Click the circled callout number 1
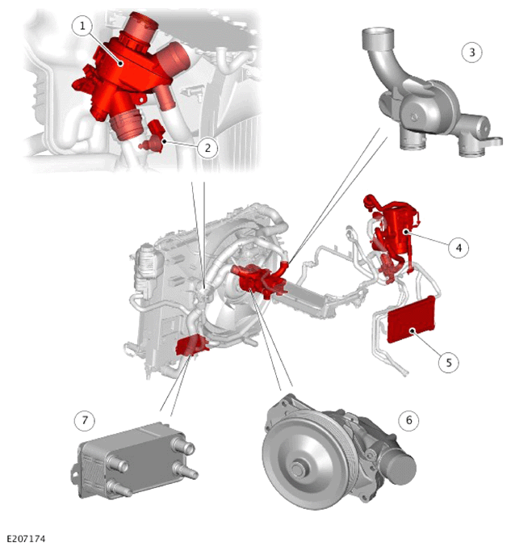82,26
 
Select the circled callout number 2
207,148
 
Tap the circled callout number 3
471,53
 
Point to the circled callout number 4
459,248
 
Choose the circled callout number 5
449,362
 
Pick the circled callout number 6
408,420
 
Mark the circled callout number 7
85,420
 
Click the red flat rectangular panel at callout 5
411,319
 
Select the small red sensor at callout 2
153,137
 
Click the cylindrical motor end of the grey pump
399,465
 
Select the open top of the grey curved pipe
378,35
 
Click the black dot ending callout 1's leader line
120,64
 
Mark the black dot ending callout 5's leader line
413,330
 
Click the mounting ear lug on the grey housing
496,141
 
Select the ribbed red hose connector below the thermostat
124,124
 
